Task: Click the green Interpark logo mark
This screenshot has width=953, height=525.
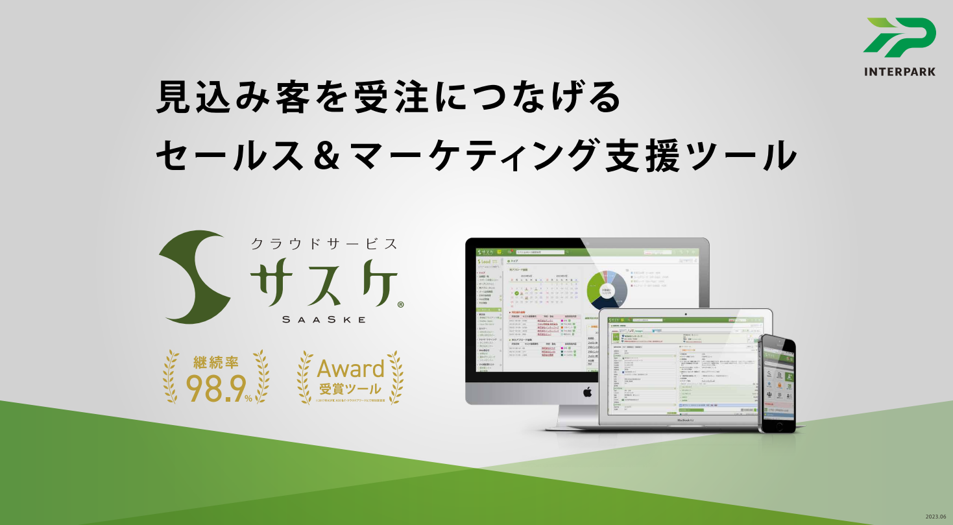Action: pyautogui.click(x=900, y=37)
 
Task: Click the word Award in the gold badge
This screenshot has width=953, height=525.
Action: pyautogui.click(x=350, y=369)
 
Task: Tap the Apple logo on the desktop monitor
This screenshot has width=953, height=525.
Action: pyautogui.click(x=587, y=392)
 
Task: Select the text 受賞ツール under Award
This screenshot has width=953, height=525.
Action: pyautogui.click(x=350, y=391)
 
